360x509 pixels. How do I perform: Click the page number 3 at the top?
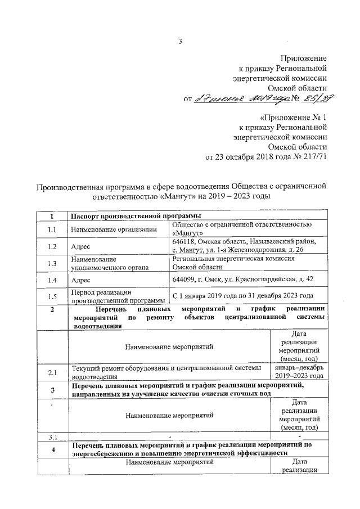(x=181, y=40)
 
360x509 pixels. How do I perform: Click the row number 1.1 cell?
(x=52, y=229)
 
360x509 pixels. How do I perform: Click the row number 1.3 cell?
(x=52, y=263)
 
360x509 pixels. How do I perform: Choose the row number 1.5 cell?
(x=52, y=296)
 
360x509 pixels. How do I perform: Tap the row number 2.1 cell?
(x=52, y=372)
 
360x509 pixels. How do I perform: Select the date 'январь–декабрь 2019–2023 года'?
(x=299, y=372)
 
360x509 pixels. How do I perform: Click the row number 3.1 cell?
(x=52, y=436)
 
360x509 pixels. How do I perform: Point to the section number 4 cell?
(x=52, y=449)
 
